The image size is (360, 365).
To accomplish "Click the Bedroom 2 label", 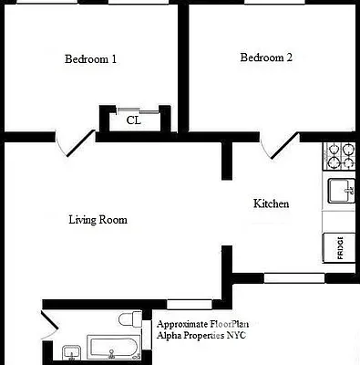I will (x=266, y=58).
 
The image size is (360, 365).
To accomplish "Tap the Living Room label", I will (x=98, y=220).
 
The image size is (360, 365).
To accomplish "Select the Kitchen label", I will (x=271, y=203).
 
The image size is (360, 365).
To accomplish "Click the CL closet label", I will (x=133, y=120).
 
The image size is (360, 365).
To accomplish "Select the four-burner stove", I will (x=340, y=156).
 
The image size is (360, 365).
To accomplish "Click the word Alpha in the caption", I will (x=170, y=337).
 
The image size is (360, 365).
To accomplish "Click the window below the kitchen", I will (x=293, y=277).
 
